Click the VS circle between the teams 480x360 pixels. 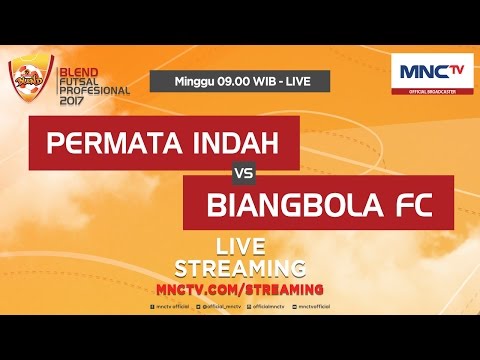tap(240, 172)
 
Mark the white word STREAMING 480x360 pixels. tap(240, 268)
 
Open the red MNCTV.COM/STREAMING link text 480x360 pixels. tap(240, 288)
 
